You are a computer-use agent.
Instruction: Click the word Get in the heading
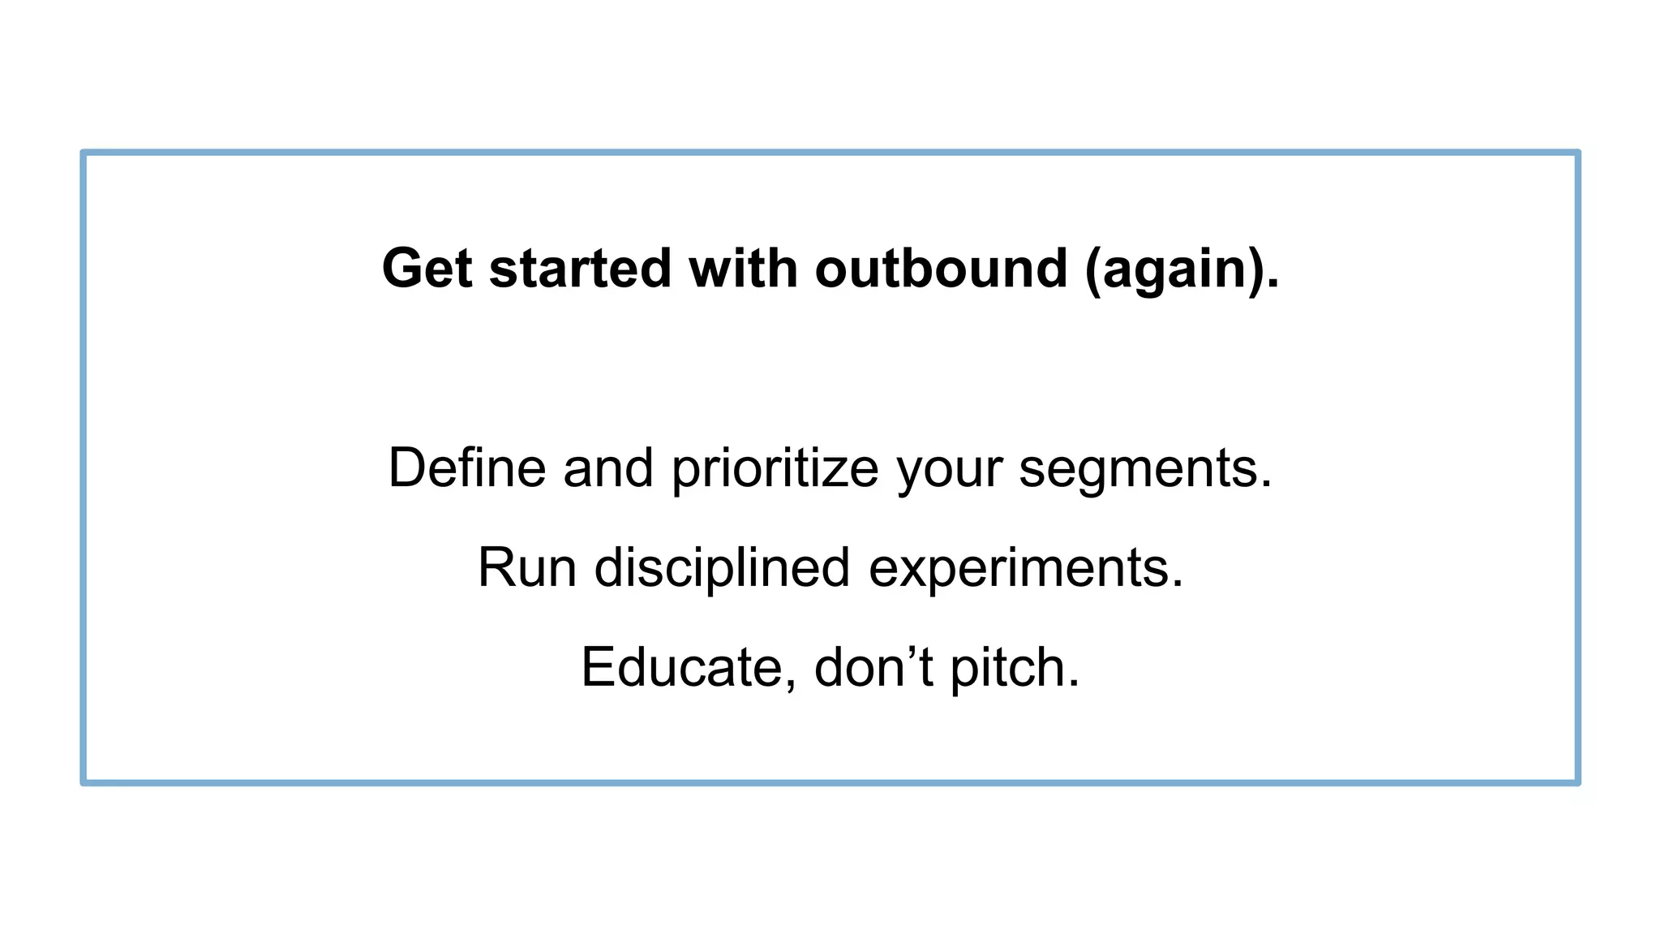coord(427,269)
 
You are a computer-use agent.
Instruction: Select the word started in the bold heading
coord(580,269)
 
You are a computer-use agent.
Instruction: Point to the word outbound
coord(941,269)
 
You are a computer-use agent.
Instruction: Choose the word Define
coord(467,468)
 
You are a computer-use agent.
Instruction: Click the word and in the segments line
coord(608,468)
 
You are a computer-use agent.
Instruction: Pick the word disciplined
coord(722,567)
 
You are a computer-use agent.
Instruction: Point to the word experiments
coord(1018,569)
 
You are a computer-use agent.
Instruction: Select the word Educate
coord(681,667)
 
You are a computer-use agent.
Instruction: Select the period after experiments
coord(1178,586)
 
